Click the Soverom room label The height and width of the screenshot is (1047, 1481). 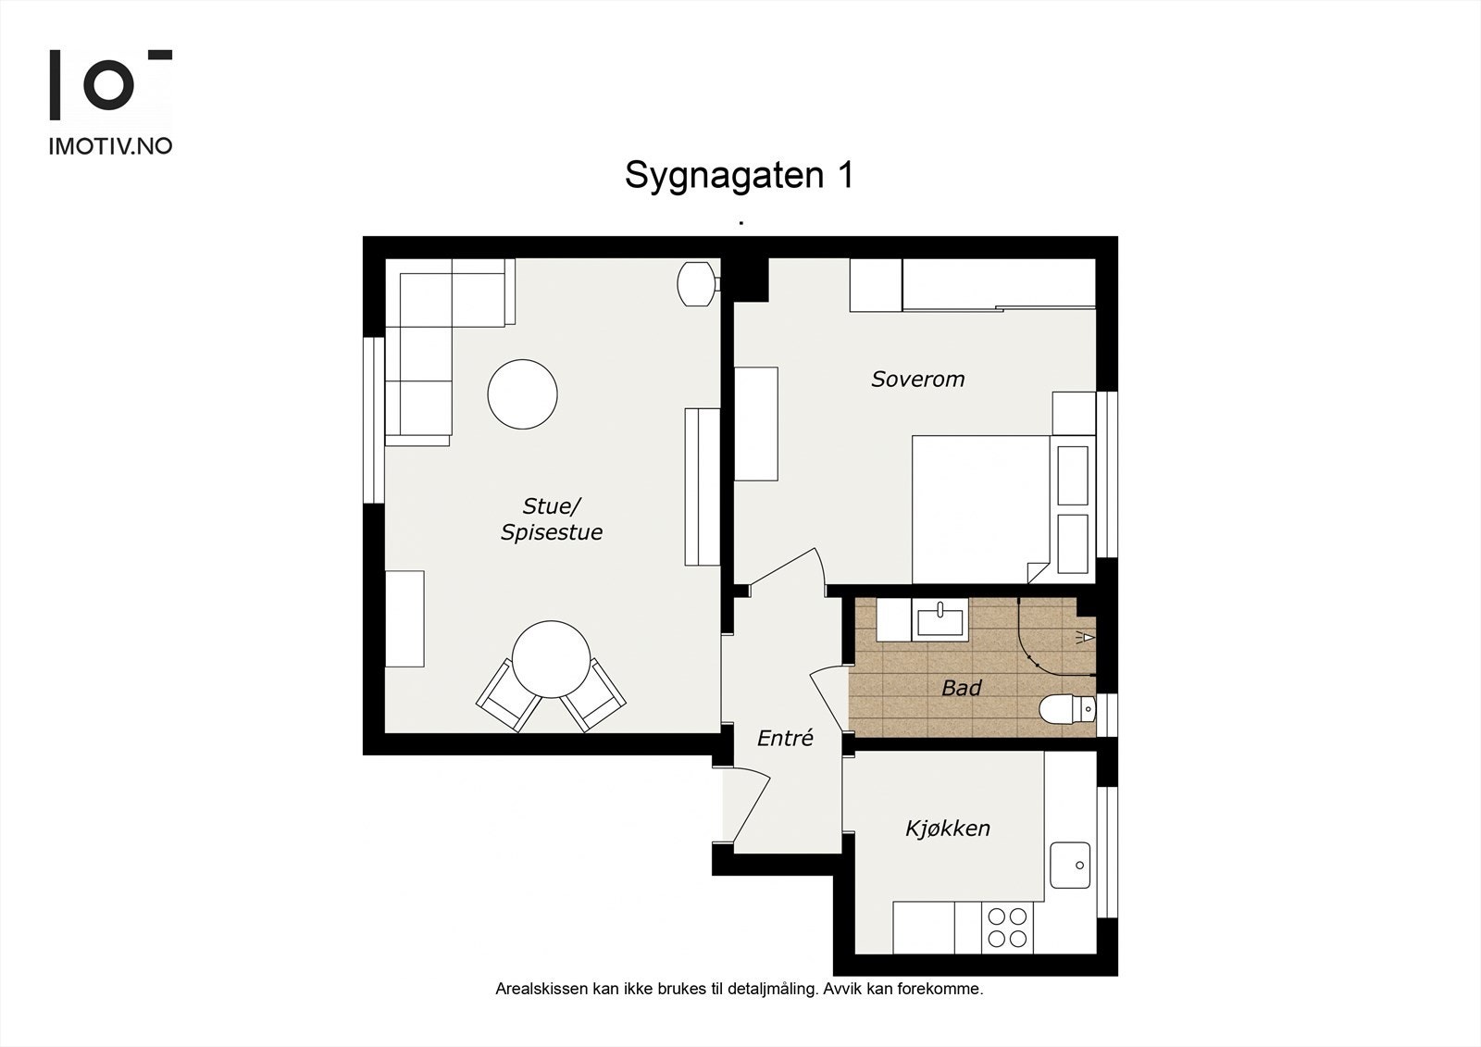pos(917,380)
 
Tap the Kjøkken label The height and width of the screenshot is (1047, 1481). pos(947,829)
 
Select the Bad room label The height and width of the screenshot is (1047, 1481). pos(961,688)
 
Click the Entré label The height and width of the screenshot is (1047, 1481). pos(785,738)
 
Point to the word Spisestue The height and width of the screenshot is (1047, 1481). pos(552,532)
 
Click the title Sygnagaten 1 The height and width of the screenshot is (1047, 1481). pos(739,175)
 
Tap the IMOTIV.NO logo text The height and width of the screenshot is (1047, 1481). pos(110,145)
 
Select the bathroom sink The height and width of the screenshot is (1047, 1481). pos(940,619)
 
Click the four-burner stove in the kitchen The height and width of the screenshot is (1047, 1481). pos(1007,927)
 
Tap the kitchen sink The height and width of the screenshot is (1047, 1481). pos(1070,865)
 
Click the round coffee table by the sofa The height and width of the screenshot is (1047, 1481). pos(522,393)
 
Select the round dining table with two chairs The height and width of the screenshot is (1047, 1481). pos(551,658)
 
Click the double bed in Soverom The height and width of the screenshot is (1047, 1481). pos(981,509)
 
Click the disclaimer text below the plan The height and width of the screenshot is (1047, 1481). pos(739,989)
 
